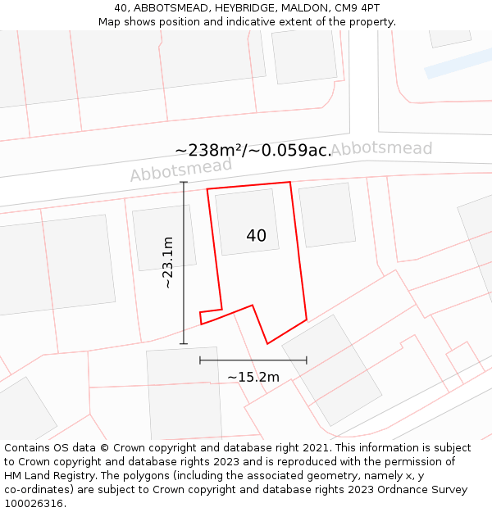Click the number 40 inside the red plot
256,236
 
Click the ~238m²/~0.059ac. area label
253,150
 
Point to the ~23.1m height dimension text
167,262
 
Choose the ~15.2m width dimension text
253,377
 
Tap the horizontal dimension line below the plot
253,360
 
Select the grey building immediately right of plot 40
327,215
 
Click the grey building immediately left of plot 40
164,238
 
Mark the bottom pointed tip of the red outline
267,342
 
